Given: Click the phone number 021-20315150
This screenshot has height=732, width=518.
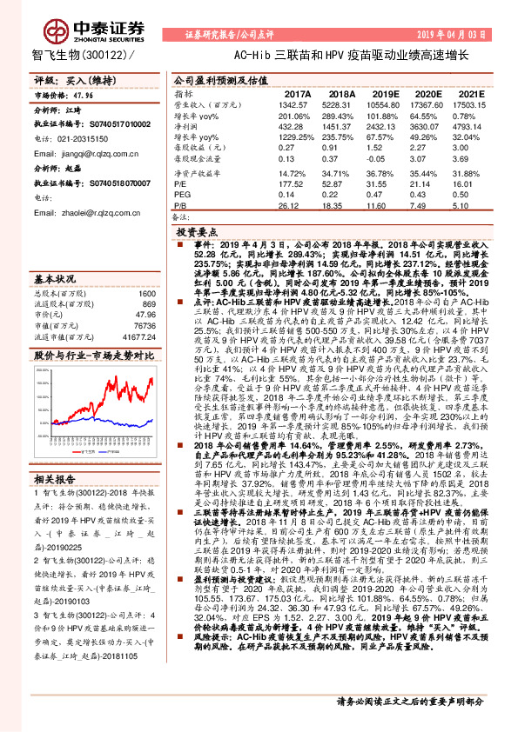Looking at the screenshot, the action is point(84,137).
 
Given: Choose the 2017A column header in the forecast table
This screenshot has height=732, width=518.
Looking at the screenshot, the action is point(298,93).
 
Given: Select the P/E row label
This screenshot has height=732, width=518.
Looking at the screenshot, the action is point(180,184).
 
